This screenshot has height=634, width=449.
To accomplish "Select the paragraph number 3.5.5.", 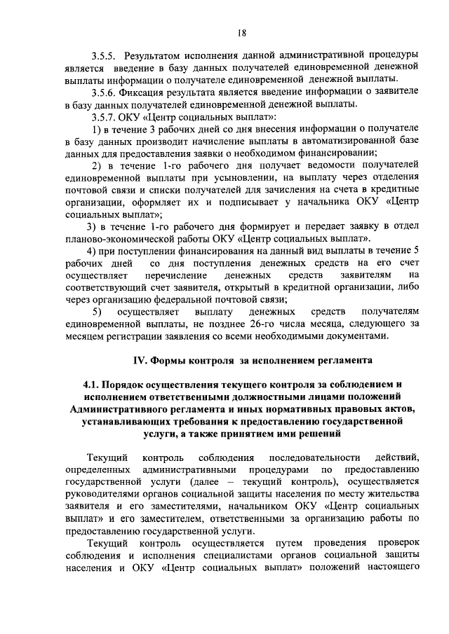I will click(x=104, y=55).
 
